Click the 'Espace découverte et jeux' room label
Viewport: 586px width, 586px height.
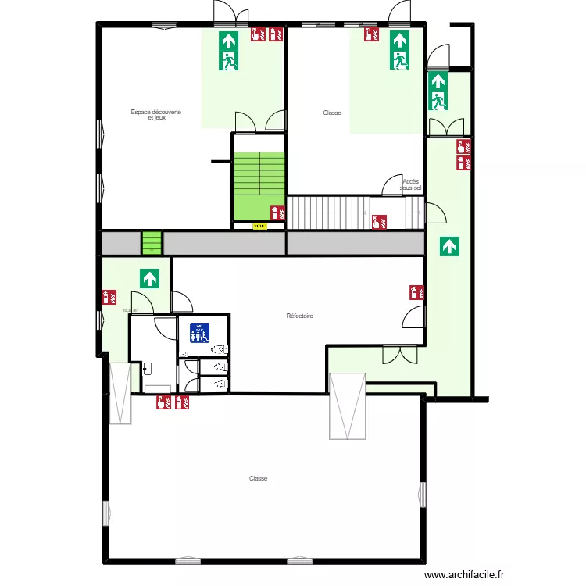(156, 115)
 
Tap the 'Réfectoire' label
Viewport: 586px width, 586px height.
(299, 316)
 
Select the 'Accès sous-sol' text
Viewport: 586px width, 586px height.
(410, 185)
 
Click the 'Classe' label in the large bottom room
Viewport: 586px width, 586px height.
(258, 478)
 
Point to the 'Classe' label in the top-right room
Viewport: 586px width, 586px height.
(332, 113)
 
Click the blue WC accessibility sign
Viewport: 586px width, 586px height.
(200, 333)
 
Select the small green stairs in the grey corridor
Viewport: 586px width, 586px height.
(151, 243)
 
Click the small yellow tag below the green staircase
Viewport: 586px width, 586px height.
(259, 227)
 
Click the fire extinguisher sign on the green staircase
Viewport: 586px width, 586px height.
(276, 212)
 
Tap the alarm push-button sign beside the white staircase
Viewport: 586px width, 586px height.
(379, 222)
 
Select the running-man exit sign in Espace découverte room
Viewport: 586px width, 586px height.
(228, 52)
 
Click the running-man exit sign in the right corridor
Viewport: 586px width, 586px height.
(437, 91)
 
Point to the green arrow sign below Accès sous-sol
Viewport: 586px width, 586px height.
(449, 247)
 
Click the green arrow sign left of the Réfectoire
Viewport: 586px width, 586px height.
(149, 277)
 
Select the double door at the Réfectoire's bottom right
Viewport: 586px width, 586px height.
(400, 354)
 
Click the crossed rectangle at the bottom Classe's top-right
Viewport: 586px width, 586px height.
(348, 407)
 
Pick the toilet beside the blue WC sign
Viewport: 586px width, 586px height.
(220, 349)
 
